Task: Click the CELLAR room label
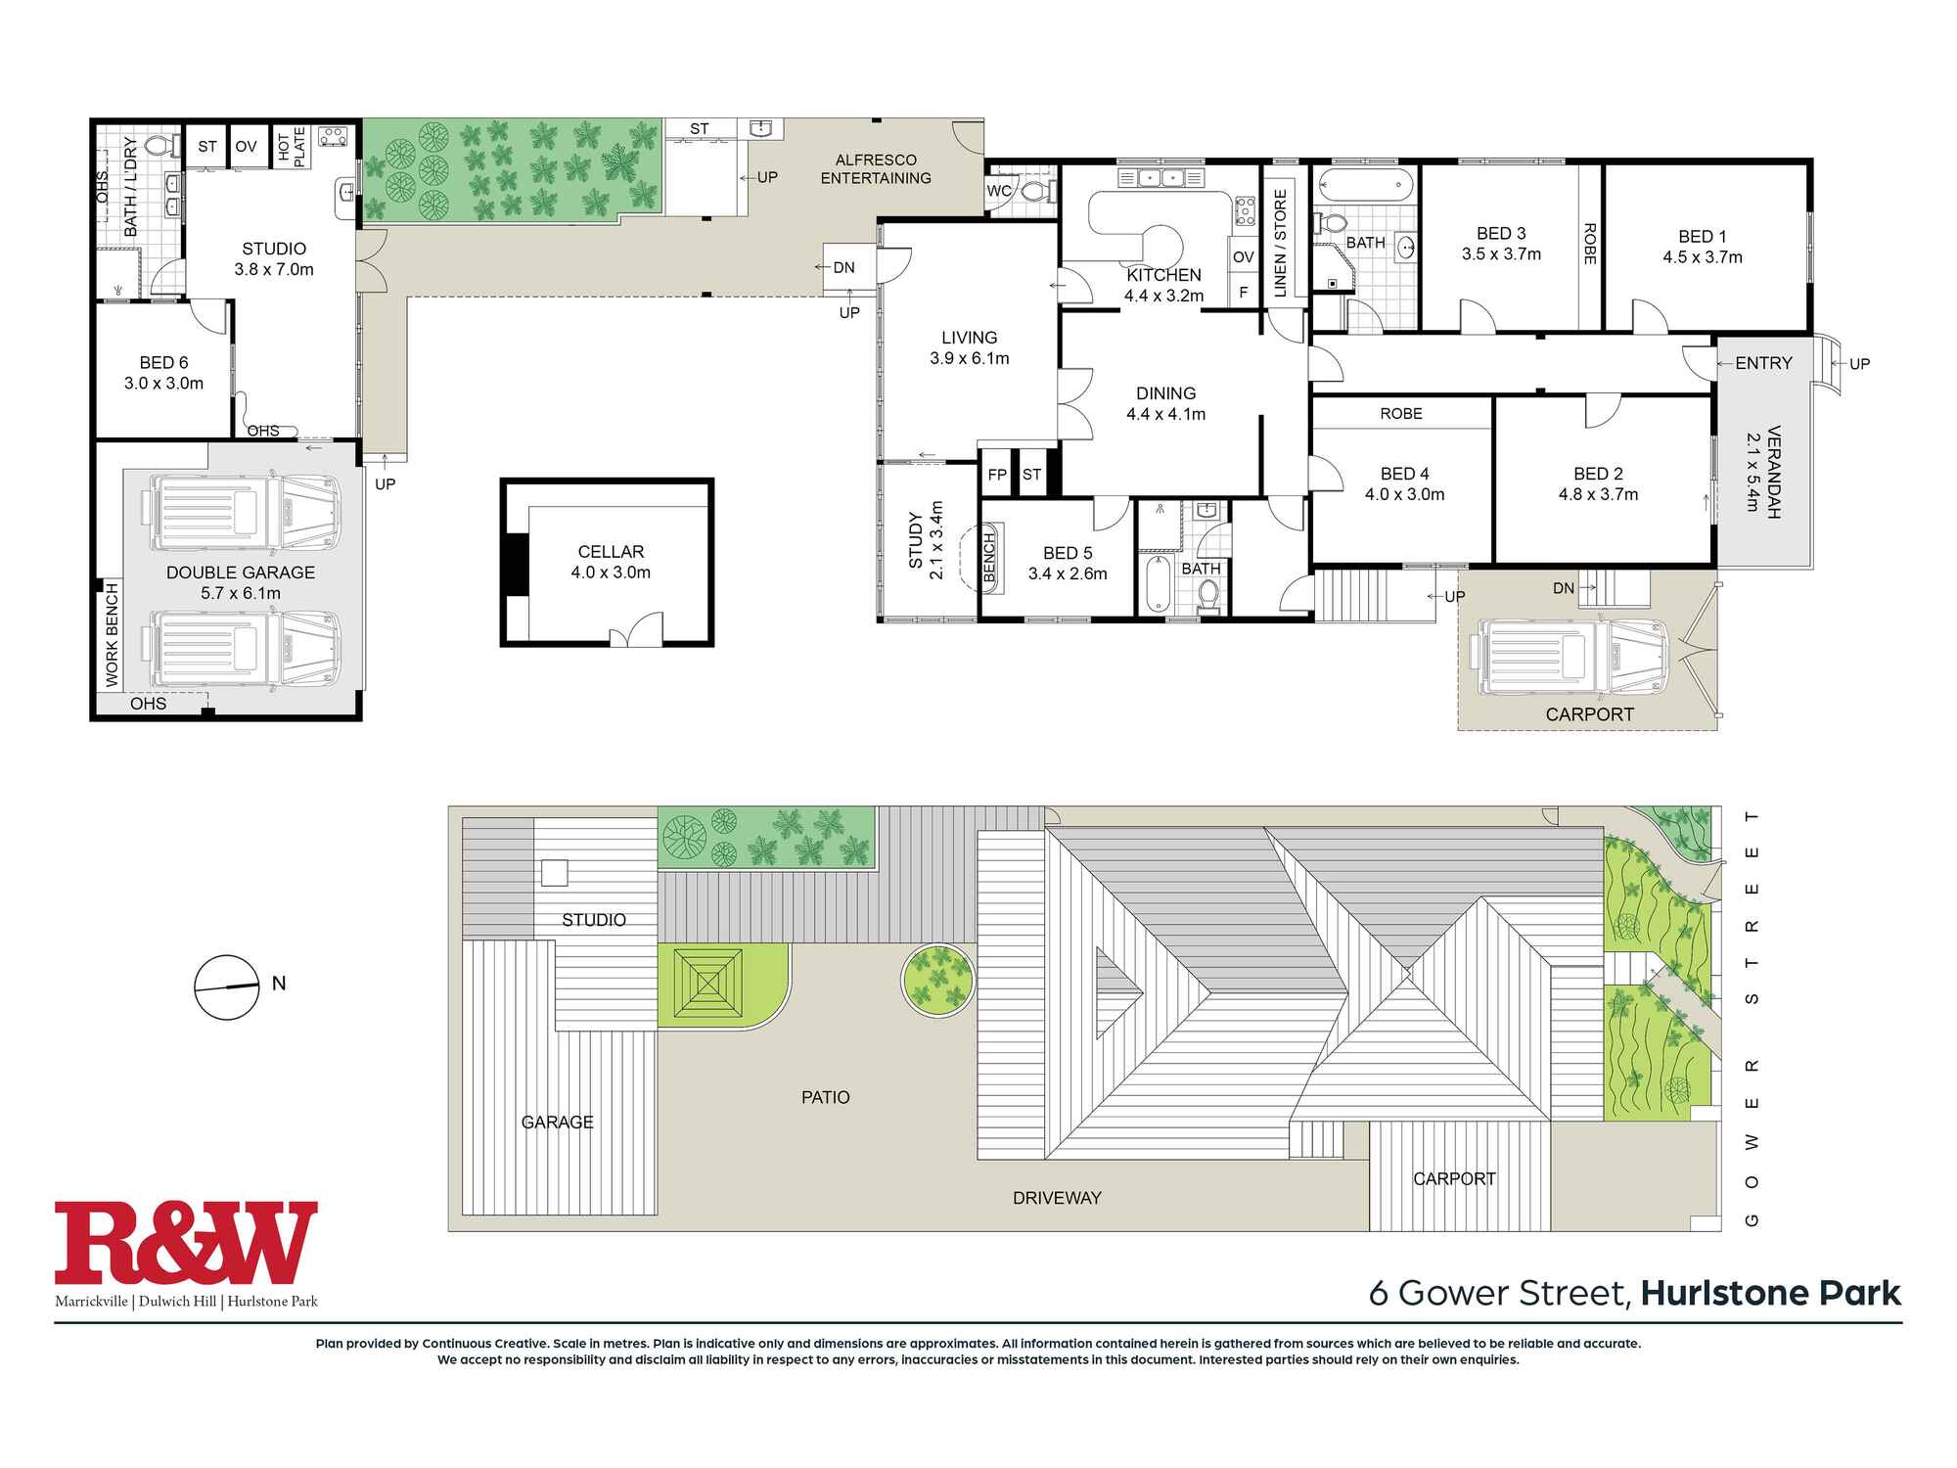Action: click(611, 552)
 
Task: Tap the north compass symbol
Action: click(226, 986)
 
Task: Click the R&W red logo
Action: click(186, 1243)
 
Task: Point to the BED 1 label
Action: click(1702, 236)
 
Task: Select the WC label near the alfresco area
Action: click(998, 191)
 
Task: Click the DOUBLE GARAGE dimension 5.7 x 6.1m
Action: click(241, 593)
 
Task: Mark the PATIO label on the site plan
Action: click(825, 1097)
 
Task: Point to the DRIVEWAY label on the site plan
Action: click(1057, 1198)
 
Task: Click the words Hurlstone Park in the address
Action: click(1771, 1294)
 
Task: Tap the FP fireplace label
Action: click(997, 475)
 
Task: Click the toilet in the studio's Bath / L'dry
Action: click(159, 147)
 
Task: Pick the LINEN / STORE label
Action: click(1280, 244)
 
